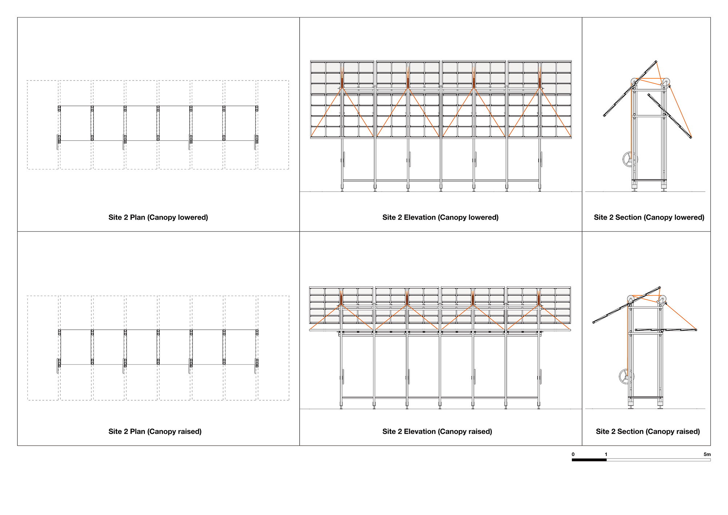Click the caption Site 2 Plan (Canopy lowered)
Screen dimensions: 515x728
coord(158,217)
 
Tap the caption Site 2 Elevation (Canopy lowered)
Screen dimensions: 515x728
coord(440,217)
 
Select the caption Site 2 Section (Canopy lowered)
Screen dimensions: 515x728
coord(649,217)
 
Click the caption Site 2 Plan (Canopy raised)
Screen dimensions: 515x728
coord(155,432)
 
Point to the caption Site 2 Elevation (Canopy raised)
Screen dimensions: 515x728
coord(437,432)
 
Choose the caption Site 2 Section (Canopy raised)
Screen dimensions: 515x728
coord(648,432)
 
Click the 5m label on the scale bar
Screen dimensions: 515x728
coord(707,454)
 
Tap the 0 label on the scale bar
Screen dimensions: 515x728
coord(573,454)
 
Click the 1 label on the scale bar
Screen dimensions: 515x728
coord(606,454)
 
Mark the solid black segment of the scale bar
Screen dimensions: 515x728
coord(589,460)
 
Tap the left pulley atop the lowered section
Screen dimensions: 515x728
coord(634,81)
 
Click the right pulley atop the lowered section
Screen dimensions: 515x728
coord(666,81)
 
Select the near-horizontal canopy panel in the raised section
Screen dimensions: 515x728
coord(666,330)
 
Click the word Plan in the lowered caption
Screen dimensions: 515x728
coord(138,217)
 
